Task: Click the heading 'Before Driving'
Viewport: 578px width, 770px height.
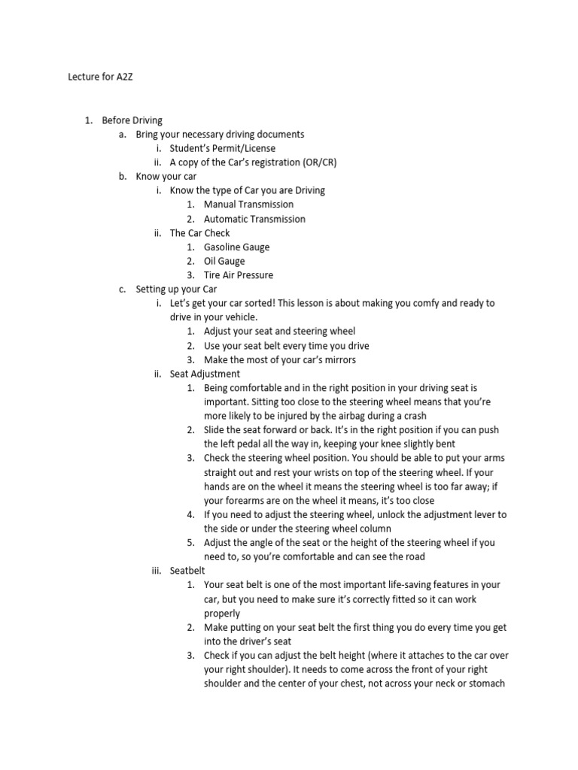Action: (132, 120)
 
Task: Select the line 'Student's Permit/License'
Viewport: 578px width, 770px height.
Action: (222, 148)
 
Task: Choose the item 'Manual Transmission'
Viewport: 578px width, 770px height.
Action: (248, 205)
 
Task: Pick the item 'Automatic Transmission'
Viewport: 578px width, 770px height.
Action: (254, 219)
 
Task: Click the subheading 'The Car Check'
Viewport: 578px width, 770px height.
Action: (199, 233)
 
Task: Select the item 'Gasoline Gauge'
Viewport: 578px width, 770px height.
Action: (236, 247)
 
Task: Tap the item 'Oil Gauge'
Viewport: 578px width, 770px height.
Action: (224, 261)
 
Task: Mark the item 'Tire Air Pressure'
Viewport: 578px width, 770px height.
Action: (238, 275)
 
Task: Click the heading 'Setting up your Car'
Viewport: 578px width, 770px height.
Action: (176, 290)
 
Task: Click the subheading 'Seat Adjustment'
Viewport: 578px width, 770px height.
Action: (205, 374)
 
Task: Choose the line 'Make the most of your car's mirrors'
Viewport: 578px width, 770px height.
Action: (280, 359)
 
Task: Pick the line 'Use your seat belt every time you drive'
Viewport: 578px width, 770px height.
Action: (286, 346)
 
